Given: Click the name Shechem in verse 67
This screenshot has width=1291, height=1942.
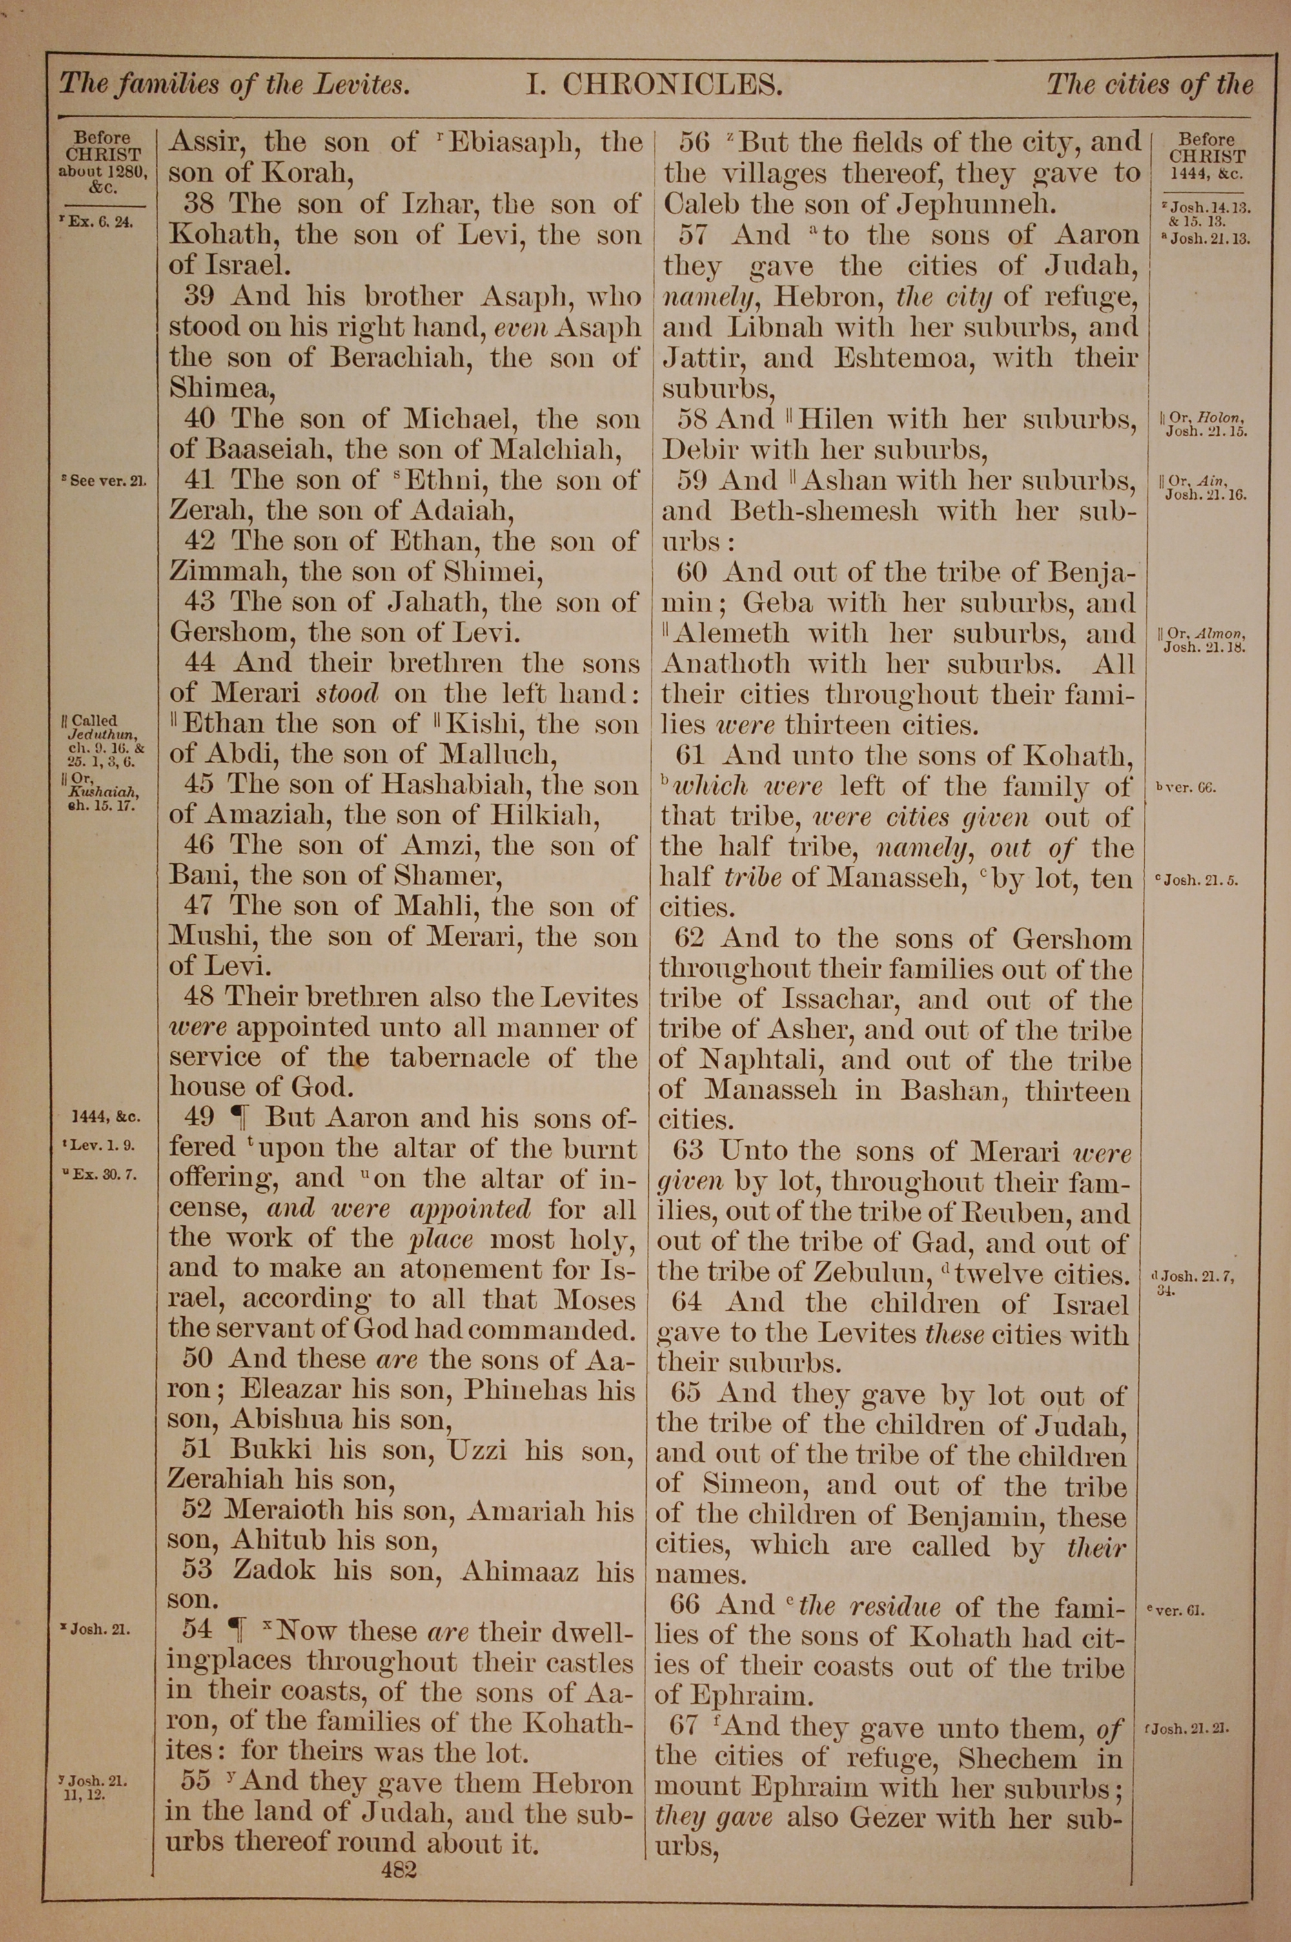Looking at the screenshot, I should tap(1017, 1757).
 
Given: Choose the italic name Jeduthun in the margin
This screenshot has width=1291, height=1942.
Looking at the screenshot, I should tap(103, 734).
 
